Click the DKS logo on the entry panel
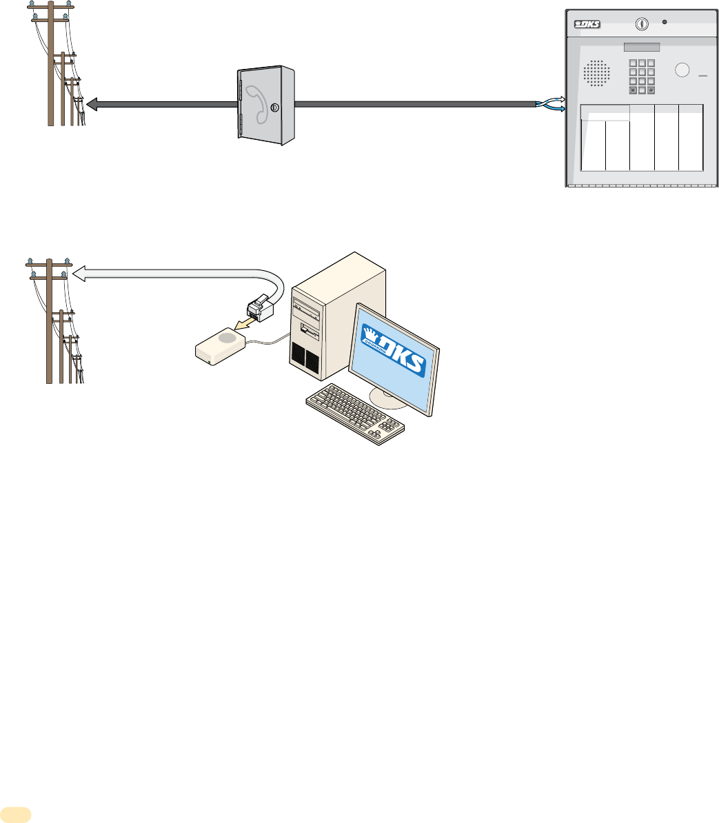coord(587,25)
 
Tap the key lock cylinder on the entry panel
coord(642,23)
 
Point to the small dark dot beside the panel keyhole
coord(665,22)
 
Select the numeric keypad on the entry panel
coord(641,75)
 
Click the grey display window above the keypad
coord(642,47)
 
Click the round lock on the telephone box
coord(276,108)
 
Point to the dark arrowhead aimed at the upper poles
coord(92,104)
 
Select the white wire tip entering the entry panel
coord(560,100)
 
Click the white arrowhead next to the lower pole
coord(79,273)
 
